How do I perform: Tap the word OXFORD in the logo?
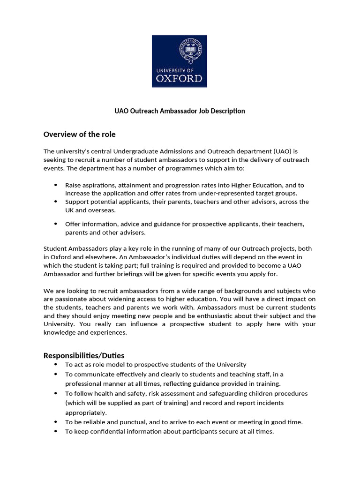[x=180, y=78]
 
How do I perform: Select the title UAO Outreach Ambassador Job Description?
[x=180, y=111]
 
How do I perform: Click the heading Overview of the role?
[x=79, y=135]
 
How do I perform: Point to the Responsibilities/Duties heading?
[x=84, y=355]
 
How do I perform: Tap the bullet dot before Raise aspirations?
[x=56, y=185]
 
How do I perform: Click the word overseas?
[x=102, y=210]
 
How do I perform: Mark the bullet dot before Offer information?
[x=56, y=224]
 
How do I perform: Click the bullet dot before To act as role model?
[x=56, y=364]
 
